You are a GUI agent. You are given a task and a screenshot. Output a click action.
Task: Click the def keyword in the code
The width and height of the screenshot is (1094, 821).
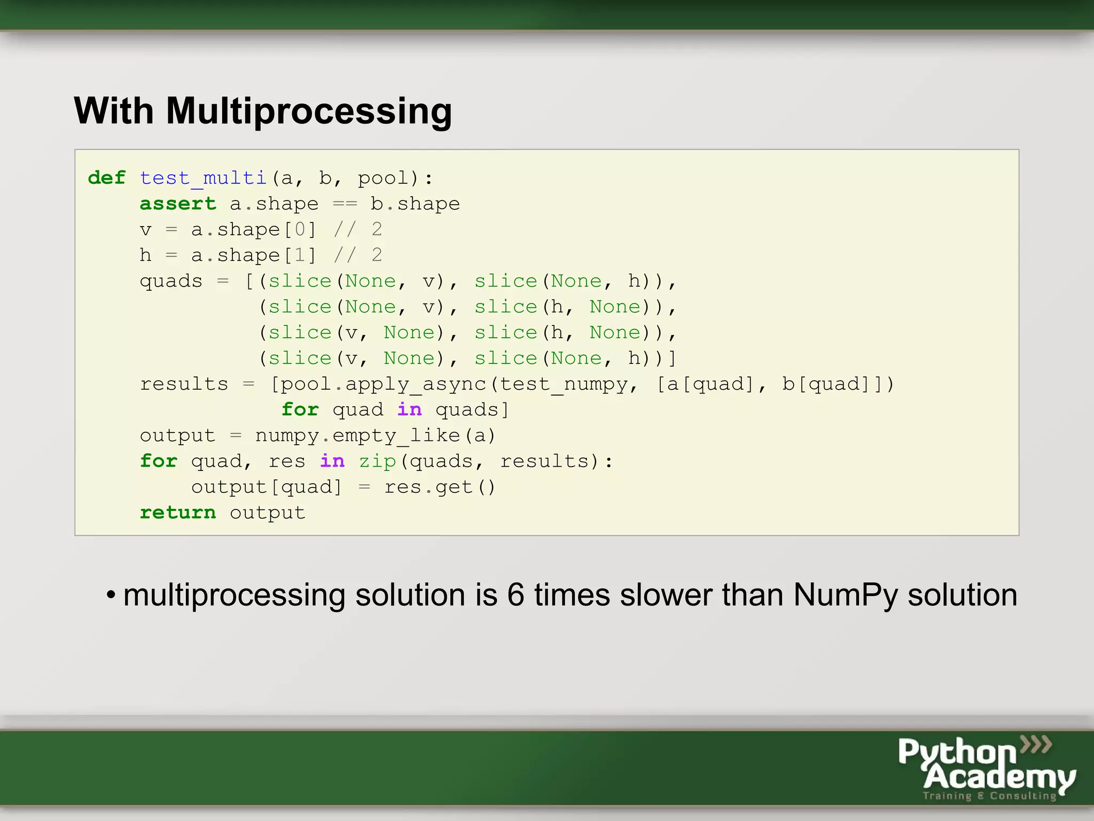(107, 177)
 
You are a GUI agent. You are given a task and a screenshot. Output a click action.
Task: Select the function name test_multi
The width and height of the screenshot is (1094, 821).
(203, 177)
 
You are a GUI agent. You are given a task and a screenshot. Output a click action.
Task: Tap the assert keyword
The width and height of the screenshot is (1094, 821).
(178, 204)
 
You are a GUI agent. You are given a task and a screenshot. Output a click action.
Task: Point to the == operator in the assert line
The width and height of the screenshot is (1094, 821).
(345, 204)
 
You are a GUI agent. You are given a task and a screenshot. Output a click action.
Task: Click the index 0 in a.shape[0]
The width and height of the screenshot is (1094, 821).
(300, 229)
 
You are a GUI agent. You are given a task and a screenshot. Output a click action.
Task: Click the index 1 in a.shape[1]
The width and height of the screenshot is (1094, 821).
(300, 255)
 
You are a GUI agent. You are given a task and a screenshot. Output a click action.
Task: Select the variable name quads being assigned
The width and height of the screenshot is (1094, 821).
(171, 281)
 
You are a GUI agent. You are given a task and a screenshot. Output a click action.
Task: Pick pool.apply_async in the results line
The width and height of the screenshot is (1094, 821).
(384, 384)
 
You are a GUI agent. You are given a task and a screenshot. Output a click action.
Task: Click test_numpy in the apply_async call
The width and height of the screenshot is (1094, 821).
(564, 384)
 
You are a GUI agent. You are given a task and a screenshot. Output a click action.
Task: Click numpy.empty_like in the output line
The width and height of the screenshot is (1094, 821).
(357, 436)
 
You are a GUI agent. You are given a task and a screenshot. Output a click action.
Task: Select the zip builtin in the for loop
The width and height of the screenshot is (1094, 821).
(377, 461)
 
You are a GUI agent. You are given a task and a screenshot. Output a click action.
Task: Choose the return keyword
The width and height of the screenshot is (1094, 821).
(178, 513)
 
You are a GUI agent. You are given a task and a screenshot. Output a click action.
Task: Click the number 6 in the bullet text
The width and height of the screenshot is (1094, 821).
(515, 595)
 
